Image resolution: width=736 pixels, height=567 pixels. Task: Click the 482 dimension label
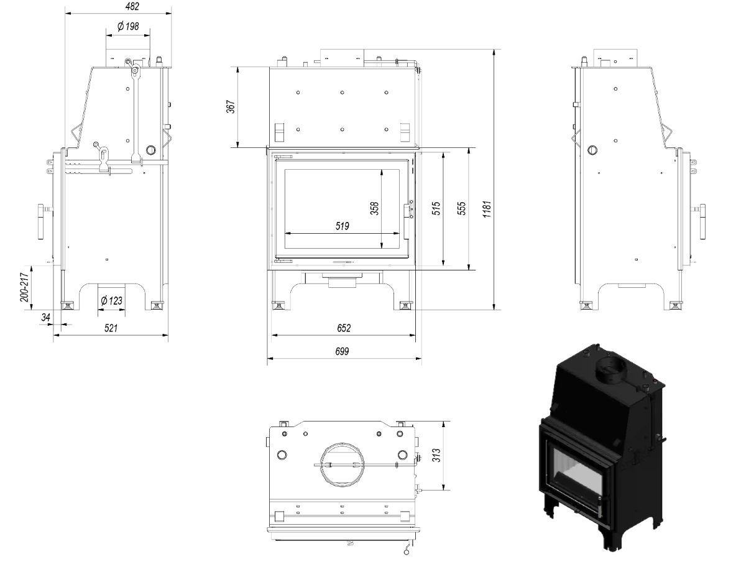133,7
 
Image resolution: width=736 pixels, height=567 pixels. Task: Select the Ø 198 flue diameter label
128,27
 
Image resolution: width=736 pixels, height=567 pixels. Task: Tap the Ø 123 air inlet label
112,301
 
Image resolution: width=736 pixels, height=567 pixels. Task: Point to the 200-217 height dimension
25,288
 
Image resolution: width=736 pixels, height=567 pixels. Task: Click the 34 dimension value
45,318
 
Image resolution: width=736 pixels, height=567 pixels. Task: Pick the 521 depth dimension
111,328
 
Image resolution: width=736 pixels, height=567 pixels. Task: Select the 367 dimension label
231,106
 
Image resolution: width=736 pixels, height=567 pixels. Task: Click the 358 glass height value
375,208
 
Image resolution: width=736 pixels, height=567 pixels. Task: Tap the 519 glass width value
343,226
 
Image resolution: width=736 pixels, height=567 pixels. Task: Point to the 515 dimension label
436,208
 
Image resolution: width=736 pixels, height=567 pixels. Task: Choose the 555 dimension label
462,208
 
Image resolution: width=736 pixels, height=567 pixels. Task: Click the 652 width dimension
344,328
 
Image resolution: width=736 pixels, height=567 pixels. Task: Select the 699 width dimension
342,351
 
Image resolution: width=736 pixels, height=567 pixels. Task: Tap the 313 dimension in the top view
436,455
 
